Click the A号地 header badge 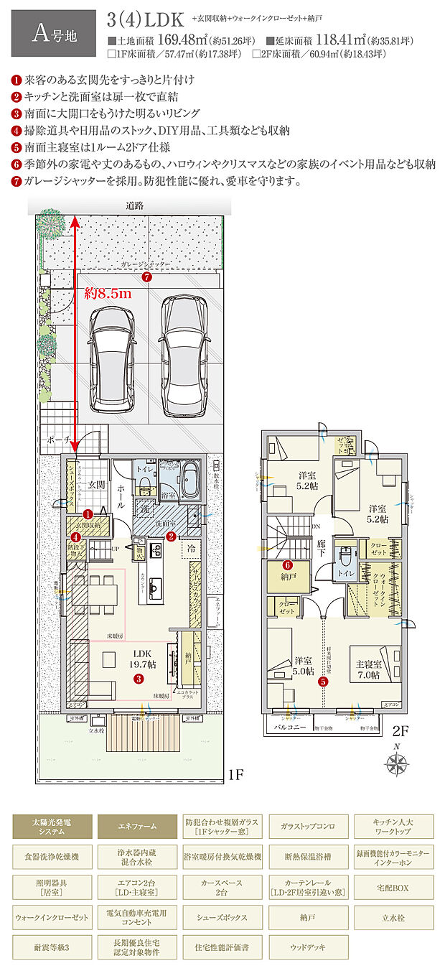53,34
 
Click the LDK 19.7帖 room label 140,660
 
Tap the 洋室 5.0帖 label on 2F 303,666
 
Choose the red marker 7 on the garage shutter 146,277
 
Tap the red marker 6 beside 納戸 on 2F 286,565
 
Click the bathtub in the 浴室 189,480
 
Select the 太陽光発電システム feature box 52,827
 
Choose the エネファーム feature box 137,827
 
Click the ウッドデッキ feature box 309,947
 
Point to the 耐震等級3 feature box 52,947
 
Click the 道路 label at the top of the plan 134,205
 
